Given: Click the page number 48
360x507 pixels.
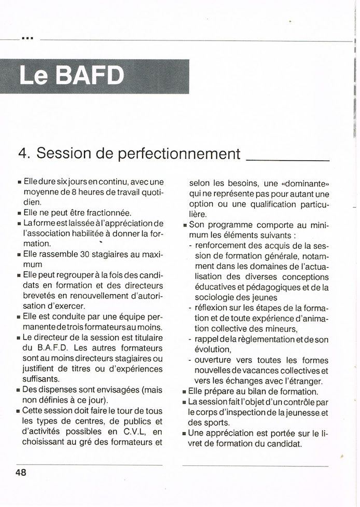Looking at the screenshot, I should tap(21, 472).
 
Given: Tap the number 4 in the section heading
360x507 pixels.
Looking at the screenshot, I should tap(23, 154).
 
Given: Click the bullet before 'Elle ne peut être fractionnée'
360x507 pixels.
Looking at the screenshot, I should tap(19, 213).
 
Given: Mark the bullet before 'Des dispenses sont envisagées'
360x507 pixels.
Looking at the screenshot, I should tap(19, 390).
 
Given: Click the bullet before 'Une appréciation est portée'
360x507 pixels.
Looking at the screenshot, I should tap(185, 433).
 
